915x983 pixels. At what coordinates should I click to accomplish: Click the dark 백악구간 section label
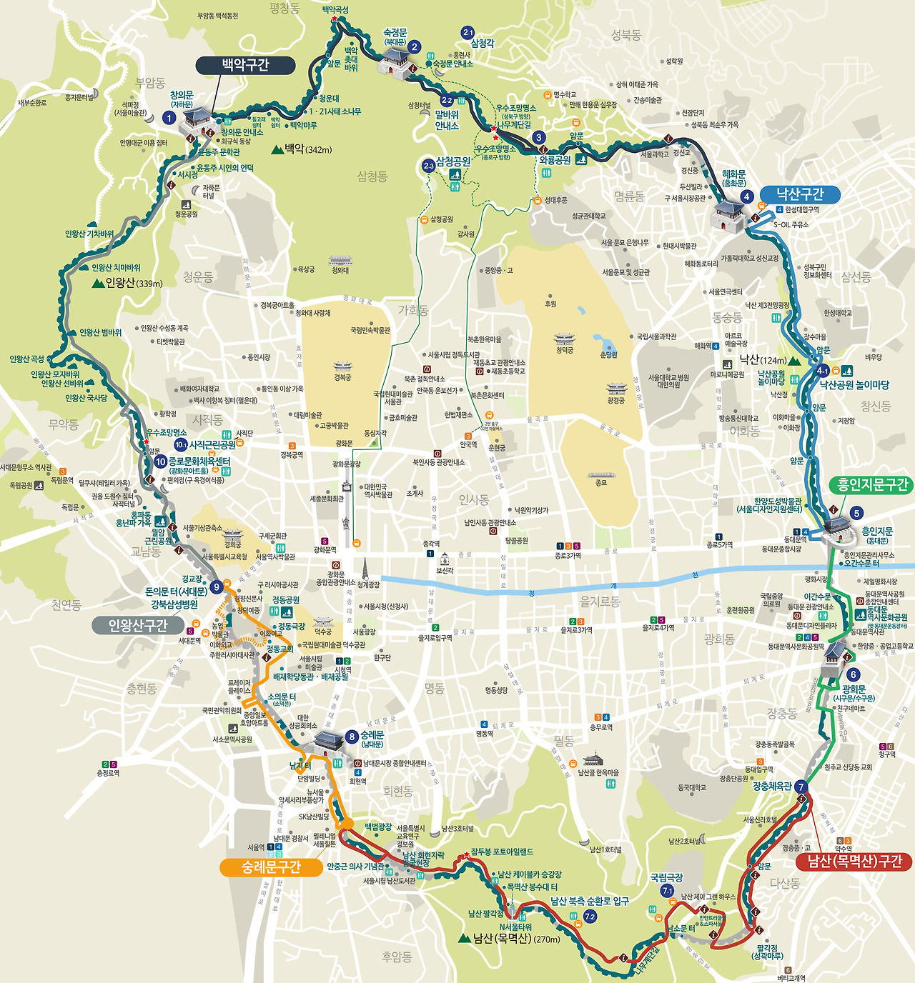pyautogui.click(x=245, y=66)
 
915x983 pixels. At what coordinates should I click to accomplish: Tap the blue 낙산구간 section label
pyautogui.click(x=800, y=194)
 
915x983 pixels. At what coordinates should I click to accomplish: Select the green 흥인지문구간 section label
pyautogui.click(x=872, y=485)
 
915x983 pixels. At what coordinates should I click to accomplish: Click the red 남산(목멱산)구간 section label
pyautogui.click(x=854, y=862)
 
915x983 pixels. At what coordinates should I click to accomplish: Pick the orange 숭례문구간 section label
pyautogui.click(x=271, y=867)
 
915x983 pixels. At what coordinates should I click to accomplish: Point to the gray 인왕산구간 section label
pyautogui.click(x=137, y=626)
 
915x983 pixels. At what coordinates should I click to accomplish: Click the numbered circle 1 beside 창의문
pyautogui.click(x=169, y=118)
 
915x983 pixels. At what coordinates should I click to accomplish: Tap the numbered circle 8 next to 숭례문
pyautogui.click(x=351, y=737)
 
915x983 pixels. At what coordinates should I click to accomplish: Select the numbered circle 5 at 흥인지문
pyautogui.click(x=856, y=513)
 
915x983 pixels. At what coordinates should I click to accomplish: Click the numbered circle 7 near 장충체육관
pyautogui.click(x=801, y=787)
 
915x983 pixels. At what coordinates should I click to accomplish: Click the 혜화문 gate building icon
pyautogui.click(x=730, y=214)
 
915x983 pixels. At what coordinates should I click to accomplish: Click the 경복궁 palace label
pyautogui.click(x=342, y=377)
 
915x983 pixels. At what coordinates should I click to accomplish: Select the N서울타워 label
pyautogui.click(x=515, y=927)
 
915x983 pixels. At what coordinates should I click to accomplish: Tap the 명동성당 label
pyautogui.click(x=496, y=691)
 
